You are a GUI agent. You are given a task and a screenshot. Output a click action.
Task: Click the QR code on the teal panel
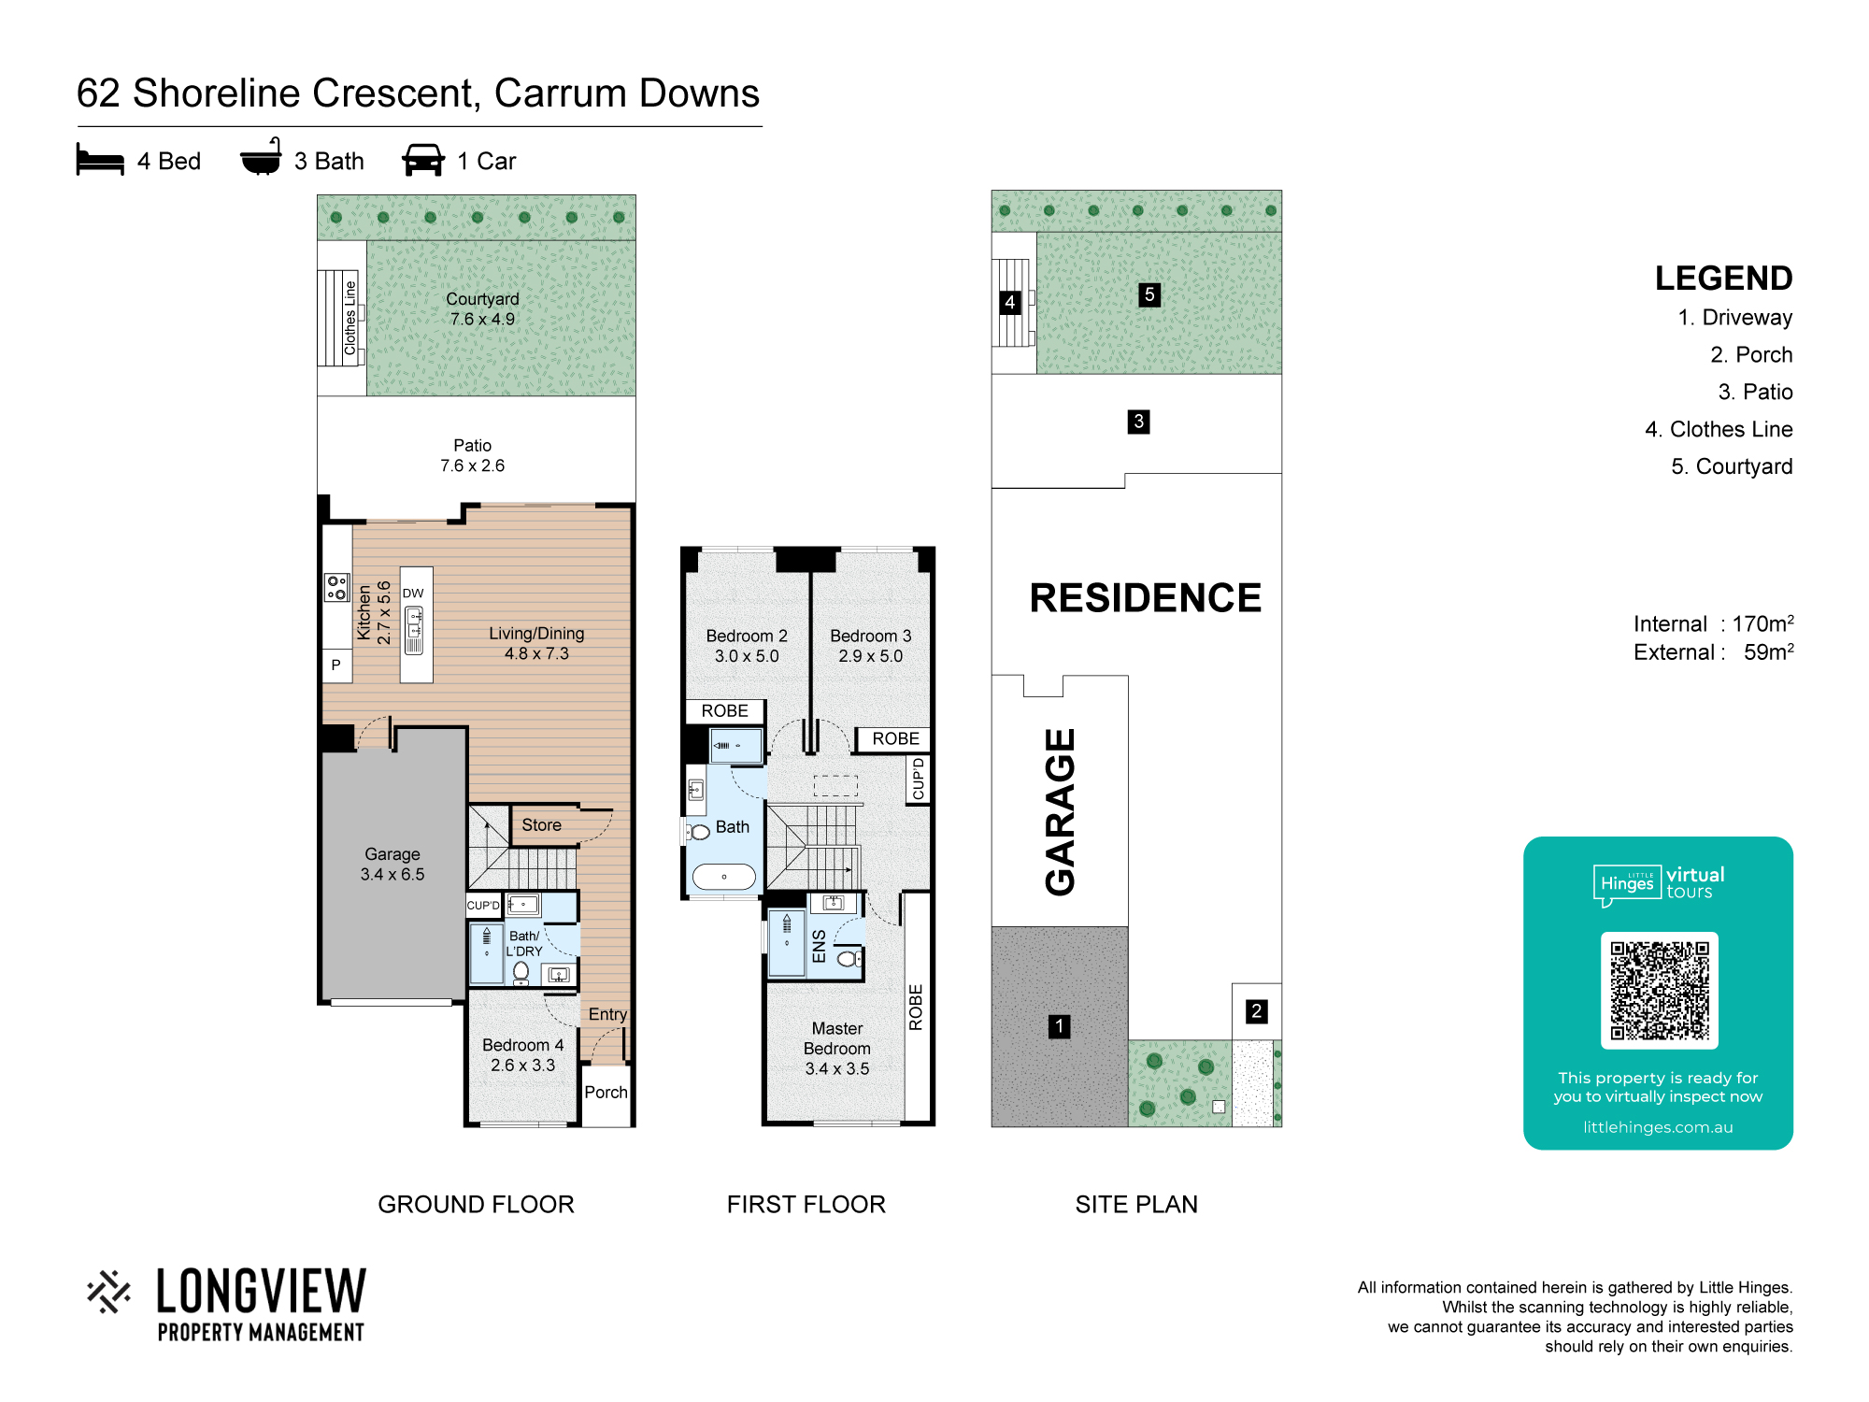[x=1659, y=991]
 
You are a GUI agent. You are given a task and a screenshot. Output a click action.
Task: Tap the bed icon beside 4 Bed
[x=100, y=160]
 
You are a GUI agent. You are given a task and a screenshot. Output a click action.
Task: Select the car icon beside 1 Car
[x=423, y=160]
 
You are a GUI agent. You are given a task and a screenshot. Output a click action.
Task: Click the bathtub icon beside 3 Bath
[x=261, y=157]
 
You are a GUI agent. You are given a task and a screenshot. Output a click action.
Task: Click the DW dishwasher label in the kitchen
[x=413, y=594]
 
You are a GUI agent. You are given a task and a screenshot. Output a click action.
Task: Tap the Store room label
[x=542, y=825]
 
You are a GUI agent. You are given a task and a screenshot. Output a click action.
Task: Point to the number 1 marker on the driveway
[x=1060, y=1026]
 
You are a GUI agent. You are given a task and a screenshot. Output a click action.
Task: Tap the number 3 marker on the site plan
[x=1138, y=422]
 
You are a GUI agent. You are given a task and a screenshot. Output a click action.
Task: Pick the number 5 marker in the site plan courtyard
[x=1149, y=294]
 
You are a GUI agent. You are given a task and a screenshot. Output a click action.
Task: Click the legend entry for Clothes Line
[x=1719, y=429]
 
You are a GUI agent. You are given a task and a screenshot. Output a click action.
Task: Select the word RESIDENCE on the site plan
[x=1146, y=598]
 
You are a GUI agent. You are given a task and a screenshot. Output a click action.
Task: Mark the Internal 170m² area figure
[x=1714, y=623]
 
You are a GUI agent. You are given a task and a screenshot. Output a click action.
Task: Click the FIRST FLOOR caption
[x=806, y=1205]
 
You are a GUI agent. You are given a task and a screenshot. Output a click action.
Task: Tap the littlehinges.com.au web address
[x=1658, y=1127]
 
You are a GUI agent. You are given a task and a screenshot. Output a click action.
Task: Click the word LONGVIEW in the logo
[x=262, y=1292]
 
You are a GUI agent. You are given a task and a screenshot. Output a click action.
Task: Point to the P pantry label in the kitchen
[x=336, y=665]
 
